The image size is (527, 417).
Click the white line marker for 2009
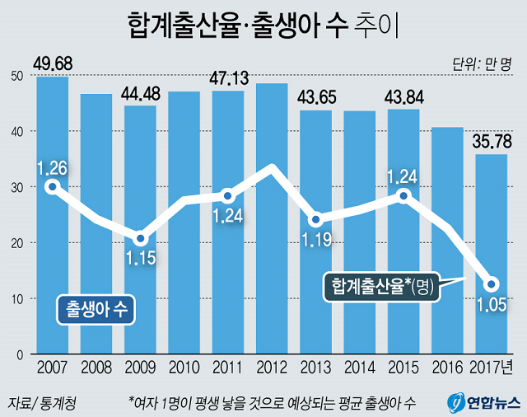(x=141, y=240)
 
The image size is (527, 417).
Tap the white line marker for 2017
(x=492, y=284)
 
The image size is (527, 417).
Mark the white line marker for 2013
(x=315, y=220)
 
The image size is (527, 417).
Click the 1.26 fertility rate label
(x=52, y=168)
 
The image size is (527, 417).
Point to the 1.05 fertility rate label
(x=492, y=307)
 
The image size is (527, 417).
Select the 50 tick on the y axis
(x=16, y=76)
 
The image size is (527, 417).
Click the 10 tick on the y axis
(x=16, y=298)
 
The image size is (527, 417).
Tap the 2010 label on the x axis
(x=184, y=366)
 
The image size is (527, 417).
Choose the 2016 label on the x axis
(x=447, y=366)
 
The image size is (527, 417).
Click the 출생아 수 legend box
(x=96, y=307)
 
